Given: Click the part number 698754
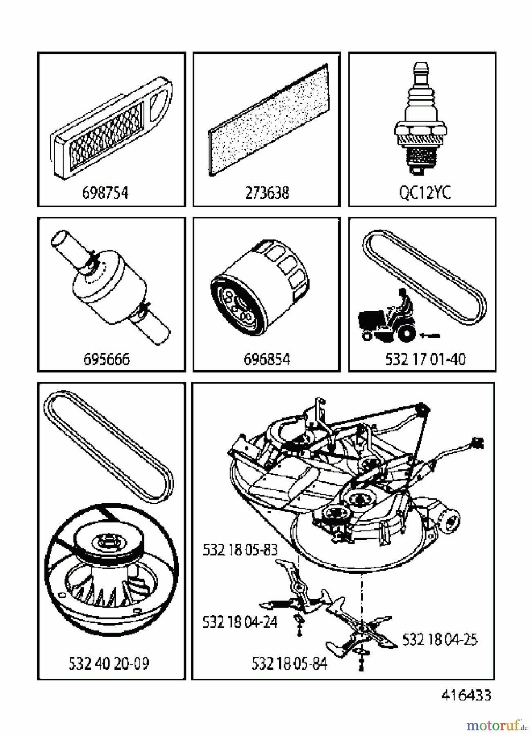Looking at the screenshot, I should click(106, 193).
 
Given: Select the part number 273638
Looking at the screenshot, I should click(267, 193).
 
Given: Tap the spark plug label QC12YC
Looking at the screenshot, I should click(425, 193).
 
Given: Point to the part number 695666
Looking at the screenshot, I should click(106, 359).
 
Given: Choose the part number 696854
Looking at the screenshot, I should click(267, 359).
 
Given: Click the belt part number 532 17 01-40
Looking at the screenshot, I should click(425, 359).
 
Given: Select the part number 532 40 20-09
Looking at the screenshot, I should click(109, 663).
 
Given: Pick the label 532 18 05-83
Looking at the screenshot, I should click(240, 550).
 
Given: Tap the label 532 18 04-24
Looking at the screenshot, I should click(240, 622).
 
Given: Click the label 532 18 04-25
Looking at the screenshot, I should click(440, 640).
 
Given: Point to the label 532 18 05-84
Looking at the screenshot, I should click(290, 664).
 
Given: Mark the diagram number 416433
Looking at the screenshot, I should click(466, 695).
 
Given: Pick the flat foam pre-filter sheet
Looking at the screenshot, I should click(268, 119).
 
